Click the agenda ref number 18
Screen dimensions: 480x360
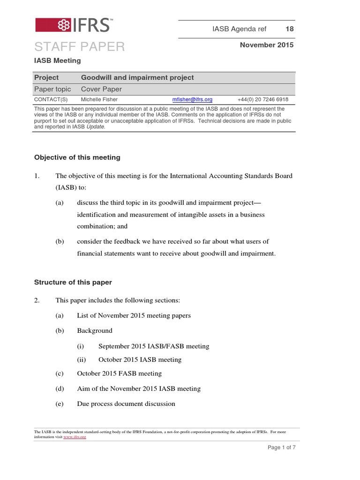coord(290,29)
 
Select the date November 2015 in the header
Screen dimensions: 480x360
coord(267,45)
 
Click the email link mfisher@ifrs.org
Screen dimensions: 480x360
coord(192,99)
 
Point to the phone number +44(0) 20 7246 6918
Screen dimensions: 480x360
coord(263,99)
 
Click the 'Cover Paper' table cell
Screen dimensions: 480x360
coord(101,89)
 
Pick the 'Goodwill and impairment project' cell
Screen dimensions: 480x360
coord(137,77)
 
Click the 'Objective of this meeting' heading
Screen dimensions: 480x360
coord(77,157)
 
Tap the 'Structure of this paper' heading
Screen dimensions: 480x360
coord(73,282)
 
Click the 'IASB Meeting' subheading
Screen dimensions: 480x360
coord(58,60)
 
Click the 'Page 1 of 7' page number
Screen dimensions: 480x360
coord(281,447)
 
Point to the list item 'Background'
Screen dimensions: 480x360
coord(95,330)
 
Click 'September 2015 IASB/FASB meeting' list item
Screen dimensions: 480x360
coord(154,346)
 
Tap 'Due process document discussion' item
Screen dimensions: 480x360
coord(126,404)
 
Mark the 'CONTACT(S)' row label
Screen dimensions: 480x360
coord(51,99)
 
